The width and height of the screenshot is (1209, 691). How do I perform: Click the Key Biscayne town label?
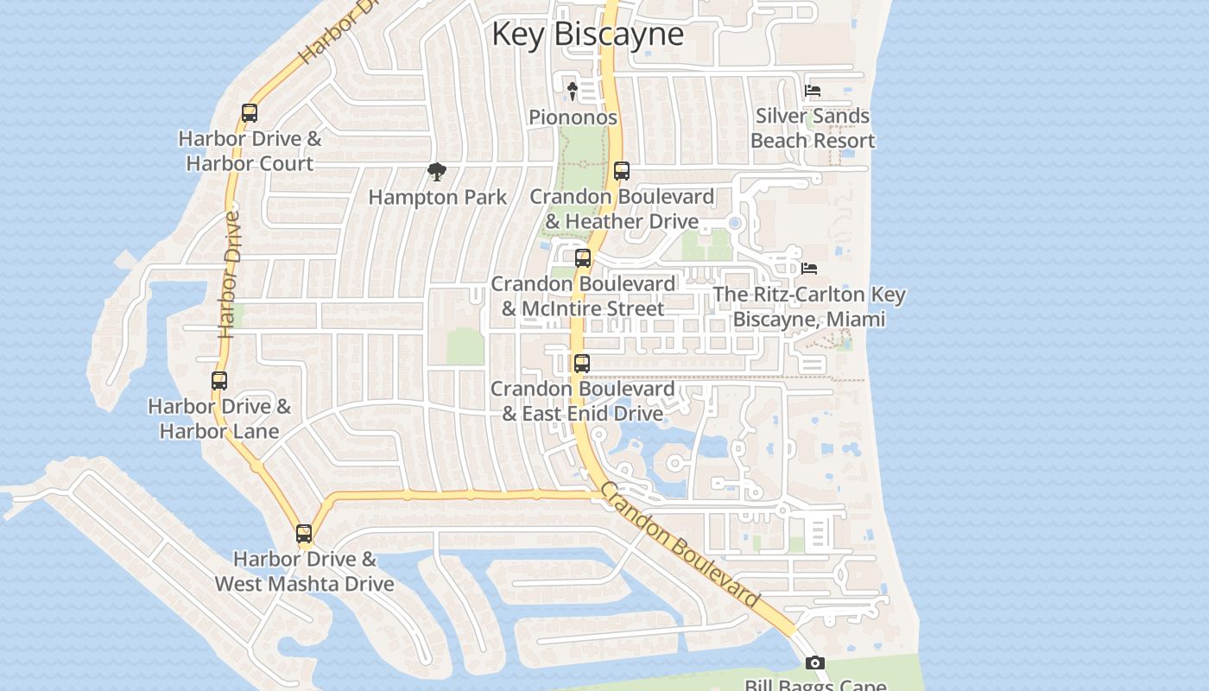tap(587, 34)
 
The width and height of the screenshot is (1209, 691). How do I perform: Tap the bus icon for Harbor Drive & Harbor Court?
tap(250, 113)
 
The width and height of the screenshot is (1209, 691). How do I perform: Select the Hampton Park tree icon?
tap(437, 172)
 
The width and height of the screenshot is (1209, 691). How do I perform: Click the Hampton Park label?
tap(438, 197)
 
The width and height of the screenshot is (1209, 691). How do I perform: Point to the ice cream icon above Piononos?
tap(572, 90)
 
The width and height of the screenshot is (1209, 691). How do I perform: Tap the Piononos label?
tap(573, 117)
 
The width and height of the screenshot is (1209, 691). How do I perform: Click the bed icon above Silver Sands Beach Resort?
tap(812, 90)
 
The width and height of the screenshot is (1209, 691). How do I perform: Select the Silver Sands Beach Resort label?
tap(813, 128)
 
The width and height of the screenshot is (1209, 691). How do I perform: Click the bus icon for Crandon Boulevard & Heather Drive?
tap(622, 171)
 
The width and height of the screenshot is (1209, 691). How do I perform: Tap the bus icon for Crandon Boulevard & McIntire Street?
tap(583, 258)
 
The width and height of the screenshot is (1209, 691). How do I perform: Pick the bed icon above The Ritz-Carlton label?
tap(809, 269)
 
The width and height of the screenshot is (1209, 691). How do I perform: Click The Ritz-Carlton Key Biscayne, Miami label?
tap(809, 307)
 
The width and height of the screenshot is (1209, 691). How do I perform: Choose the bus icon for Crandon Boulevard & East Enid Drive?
tap(582, 364)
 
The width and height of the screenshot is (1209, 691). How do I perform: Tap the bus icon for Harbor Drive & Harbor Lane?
tap(219, 381)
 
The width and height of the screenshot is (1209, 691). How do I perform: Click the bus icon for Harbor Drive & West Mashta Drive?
tap(304, 534)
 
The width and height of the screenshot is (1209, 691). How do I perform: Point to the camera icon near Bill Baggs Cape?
tap(814, 663)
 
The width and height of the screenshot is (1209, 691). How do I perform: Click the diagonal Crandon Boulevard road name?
tap(679, 546)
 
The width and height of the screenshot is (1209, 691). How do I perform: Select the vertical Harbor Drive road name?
tap(230, 275)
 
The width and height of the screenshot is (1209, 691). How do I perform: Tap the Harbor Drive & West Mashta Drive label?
tap(304, 571)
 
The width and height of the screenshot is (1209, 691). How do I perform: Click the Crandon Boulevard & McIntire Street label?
tap(583, 296)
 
